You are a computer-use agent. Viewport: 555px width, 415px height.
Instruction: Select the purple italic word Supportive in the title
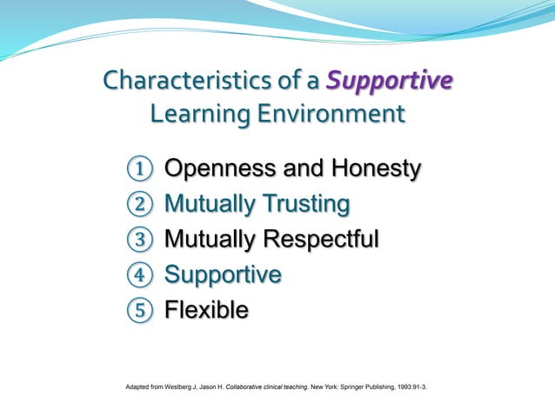pyautogui.click(x=389, y=82)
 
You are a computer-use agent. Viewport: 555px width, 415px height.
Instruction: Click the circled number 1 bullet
pyautogui.click(x=138, y=169)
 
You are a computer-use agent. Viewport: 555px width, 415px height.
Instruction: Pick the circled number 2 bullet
pyautogui.click(x=138, y=205)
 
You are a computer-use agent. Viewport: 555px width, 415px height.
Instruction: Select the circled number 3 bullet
pyautogui.click(x=138, y=240)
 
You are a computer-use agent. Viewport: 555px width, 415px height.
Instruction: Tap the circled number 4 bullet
pyautogui.click(x=138, y=275)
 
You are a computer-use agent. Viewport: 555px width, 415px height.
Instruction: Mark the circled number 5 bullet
pyautogui.click(x=138, y=310)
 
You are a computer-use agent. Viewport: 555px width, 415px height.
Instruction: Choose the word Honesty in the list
pyautogui.click(x=371, y=168)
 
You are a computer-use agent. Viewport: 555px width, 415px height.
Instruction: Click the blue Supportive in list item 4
pyautogui.click(x=223, y=275)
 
